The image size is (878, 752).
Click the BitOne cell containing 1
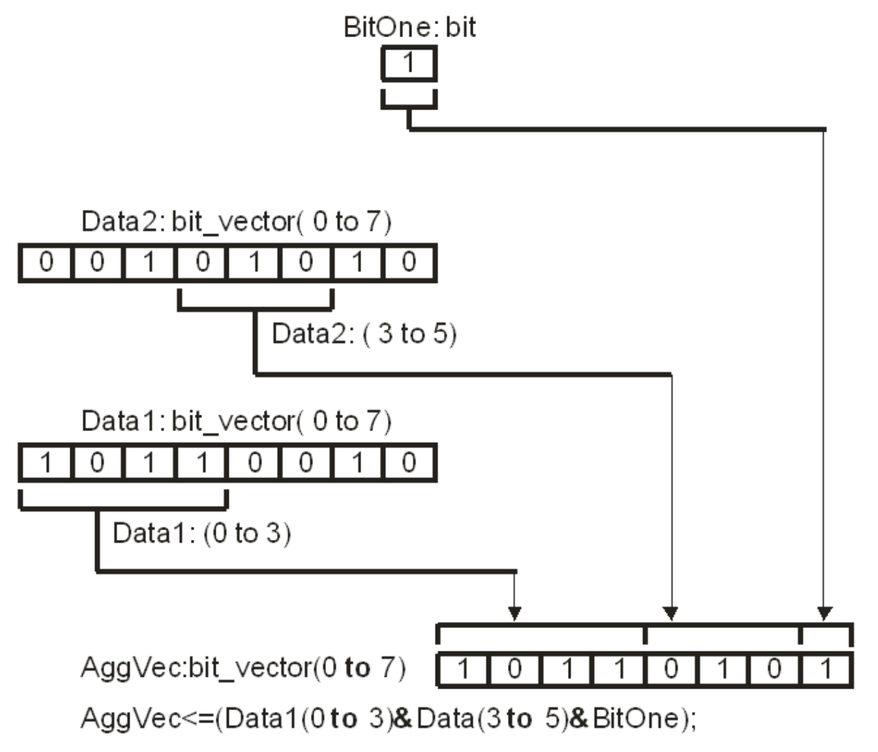pos(409,63)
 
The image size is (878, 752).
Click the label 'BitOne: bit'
pos(409,28)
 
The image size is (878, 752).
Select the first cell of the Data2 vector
pos(45,262)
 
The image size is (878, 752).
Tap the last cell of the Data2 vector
pos(409,262)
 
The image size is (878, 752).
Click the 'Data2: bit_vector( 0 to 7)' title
pos(236,222)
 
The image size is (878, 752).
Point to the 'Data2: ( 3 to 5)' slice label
pos(364,334)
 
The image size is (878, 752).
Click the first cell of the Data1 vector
pos(45,462)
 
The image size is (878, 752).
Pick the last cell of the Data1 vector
pos(409,462)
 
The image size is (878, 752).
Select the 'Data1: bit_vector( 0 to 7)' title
pos(236,421)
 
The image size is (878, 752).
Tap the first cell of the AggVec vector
pos(463,669)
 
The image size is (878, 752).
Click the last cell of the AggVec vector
pos(826,669)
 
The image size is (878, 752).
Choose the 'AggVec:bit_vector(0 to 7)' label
pos(243,668)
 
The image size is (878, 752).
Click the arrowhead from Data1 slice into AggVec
pos(514,612)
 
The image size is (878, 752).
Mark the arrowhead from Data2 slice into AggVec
pos(671,612)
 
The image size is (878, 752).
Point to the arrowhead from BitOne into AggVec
pos(824,612)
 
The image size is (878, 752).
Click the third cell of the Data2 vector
pos(150,262)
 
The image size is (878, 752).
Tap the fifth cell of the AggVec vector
pos(671,669)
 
